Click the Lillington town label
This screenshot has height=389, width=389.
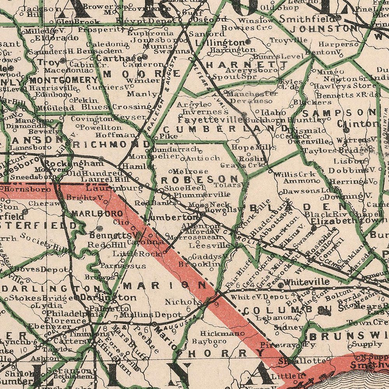point(220,42)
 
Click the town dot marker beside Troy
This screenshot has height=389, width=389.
point(63,61)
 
